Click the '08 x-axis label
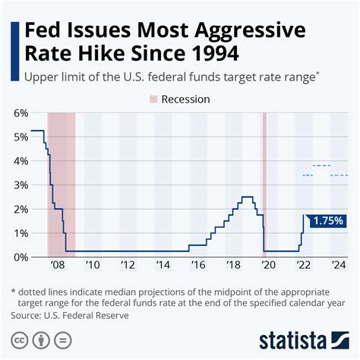[x=57, y=265]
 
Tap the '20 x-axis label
[x=268, y=265]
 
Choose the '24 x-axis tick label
[x=339, y=265]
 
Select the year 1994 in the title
[x=209, y=55]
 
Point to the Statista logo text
[x=303, y=339]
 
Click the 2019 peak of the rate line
[x=247, y=197]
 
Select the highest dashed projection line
[x=321, y=166]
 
